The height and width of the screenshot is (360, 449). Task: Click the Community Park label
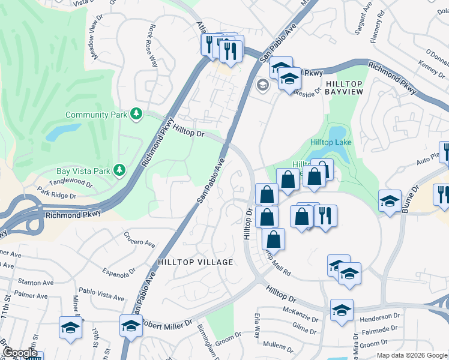95,115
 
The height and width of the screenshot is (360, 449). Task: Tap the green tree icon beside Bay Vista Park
120,170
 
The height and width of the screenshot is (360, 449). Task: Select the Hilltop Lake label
331,142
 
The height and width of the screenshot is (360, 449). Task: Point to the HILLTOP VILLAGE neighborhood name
195,262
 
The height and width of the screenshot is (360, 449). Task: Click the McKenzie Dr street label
300,311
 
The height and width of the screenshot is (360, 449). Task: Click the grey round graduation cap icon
262,85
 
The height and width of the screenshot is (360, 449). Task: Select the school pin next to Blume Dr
390,201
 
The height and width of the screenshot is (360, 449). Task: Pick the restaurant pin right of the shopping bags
325,216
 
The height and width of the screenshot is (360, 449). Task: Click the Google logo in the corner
19,353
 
